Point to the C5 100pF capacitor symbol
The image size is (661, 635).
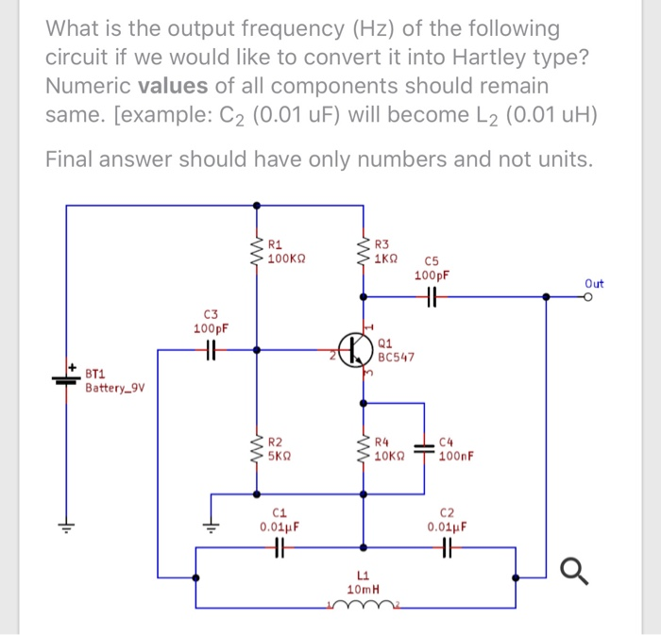pos(432,296)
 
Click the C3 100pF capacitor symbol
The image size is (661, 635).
pos(211,350)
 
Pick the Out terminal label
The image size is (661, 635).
pos(593,282)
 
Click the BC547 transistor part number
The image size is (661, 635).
pos(396,358)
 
